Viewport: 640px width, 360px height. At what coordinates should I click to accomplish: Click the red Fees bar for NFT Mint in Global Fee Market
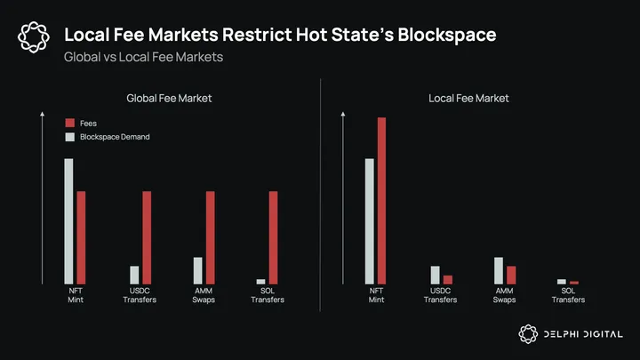(x=81, y=237)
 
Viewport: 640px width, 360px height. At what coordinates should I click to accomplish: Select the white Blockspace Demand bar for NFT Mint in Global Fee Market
(x=68, y=220)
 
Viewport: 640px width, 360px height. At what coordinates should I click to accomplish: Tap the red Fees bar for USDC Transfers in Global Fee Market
(x=147, y=237)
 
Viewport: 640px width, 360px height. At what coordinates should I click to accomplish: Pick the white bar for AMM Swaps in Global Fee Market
(x=198, y=270)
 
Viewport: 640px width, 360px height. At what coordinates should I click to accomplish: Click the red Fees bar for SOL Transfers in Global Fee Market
(x=274, y=237)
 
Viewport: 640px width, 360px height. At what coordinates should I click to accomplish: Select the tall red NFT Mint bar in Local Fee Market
(x=382, y=200)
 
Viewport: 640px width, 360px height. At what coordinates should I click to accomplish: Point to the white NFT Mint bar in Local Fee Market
(x=370, y=220)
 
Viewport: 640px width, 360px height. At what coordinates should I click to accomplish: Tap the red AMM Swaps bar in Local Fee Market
(x=511, y=275)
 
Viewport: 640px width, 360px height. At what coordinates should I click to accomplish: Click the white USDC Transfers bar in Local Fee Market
(x=436, y=275)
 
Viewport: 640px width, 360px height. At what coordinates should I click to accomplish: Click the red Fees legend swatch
(x=69, y=123)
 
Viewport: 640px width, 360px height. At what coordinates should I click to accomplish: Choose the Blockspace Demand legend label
(x=115, y=137)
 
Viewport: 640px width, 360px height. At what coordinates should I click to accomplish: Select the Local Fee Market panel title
(x=468, y=98)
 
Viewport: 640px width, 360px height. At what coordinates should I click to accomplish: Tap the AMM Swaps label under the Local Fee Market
(x=505, y=295)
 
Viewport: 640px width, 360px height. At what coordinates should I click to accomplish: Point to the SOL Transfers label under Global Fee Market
(x=268, y=295)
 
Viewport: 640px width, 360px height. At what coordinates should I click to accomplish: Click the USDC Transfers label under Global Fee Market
(x=140, y=295)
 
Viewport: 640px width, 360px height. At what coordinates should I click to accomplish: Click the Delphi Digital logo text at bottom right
(x=582, y=333)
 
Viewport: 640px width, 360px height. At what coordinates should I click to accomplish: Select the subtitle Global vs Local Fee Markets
(x=143, y=58)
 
